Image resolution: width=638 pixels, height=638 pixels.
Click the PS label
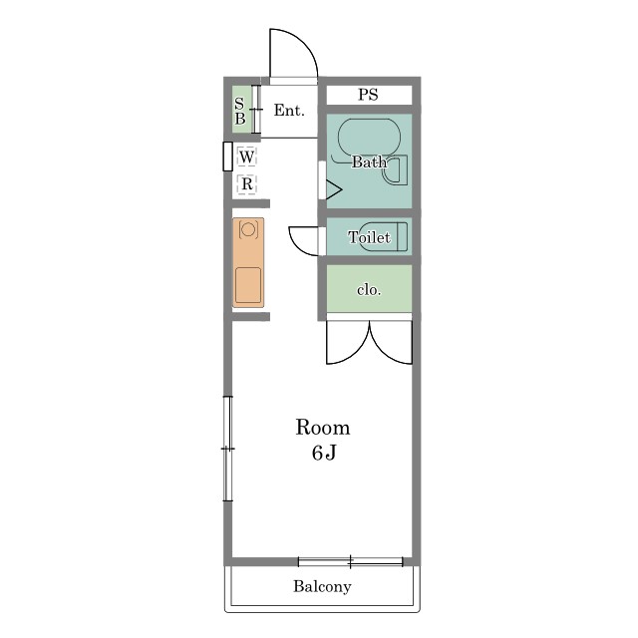[368, 95]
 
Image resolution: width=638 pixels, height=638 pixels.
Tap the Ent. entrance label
[289, 110]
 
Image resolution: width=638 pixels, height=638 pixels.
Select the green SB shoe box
[241, 110]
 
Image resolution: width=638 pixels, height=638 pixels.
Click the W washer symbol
[246, 157]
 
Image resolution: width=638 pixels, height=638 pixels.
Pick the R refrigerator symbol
[247, 184]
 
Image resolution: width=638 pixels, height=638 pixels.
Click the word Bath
[369, 161]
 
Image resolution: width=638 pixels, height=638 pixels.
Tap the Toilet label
[369, 237]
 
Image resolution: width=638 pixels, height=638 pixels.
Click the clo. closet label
[369, 290]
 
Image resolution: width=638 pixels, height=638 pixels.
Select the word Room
[323, 428]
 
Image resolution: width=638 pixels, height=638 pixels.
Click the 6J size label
[324, 453]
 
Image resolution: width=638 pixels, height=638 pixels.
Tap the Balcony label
[322, 586]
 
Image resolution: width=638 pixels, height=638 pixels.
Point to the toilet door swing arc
[296, 246]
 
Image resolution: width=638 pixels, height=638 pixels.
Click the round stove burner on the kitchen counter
[248, 230]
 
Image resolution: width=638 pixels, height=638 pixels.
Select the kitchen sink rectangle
[248, 285]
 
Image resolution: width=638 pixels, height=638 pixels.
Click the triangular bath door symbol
[334, 189]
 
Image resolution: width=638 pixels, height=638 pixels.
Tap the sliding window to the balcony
[350, 562]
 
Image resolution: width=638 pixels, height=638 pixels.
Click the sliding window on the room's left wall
[228, 449]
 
